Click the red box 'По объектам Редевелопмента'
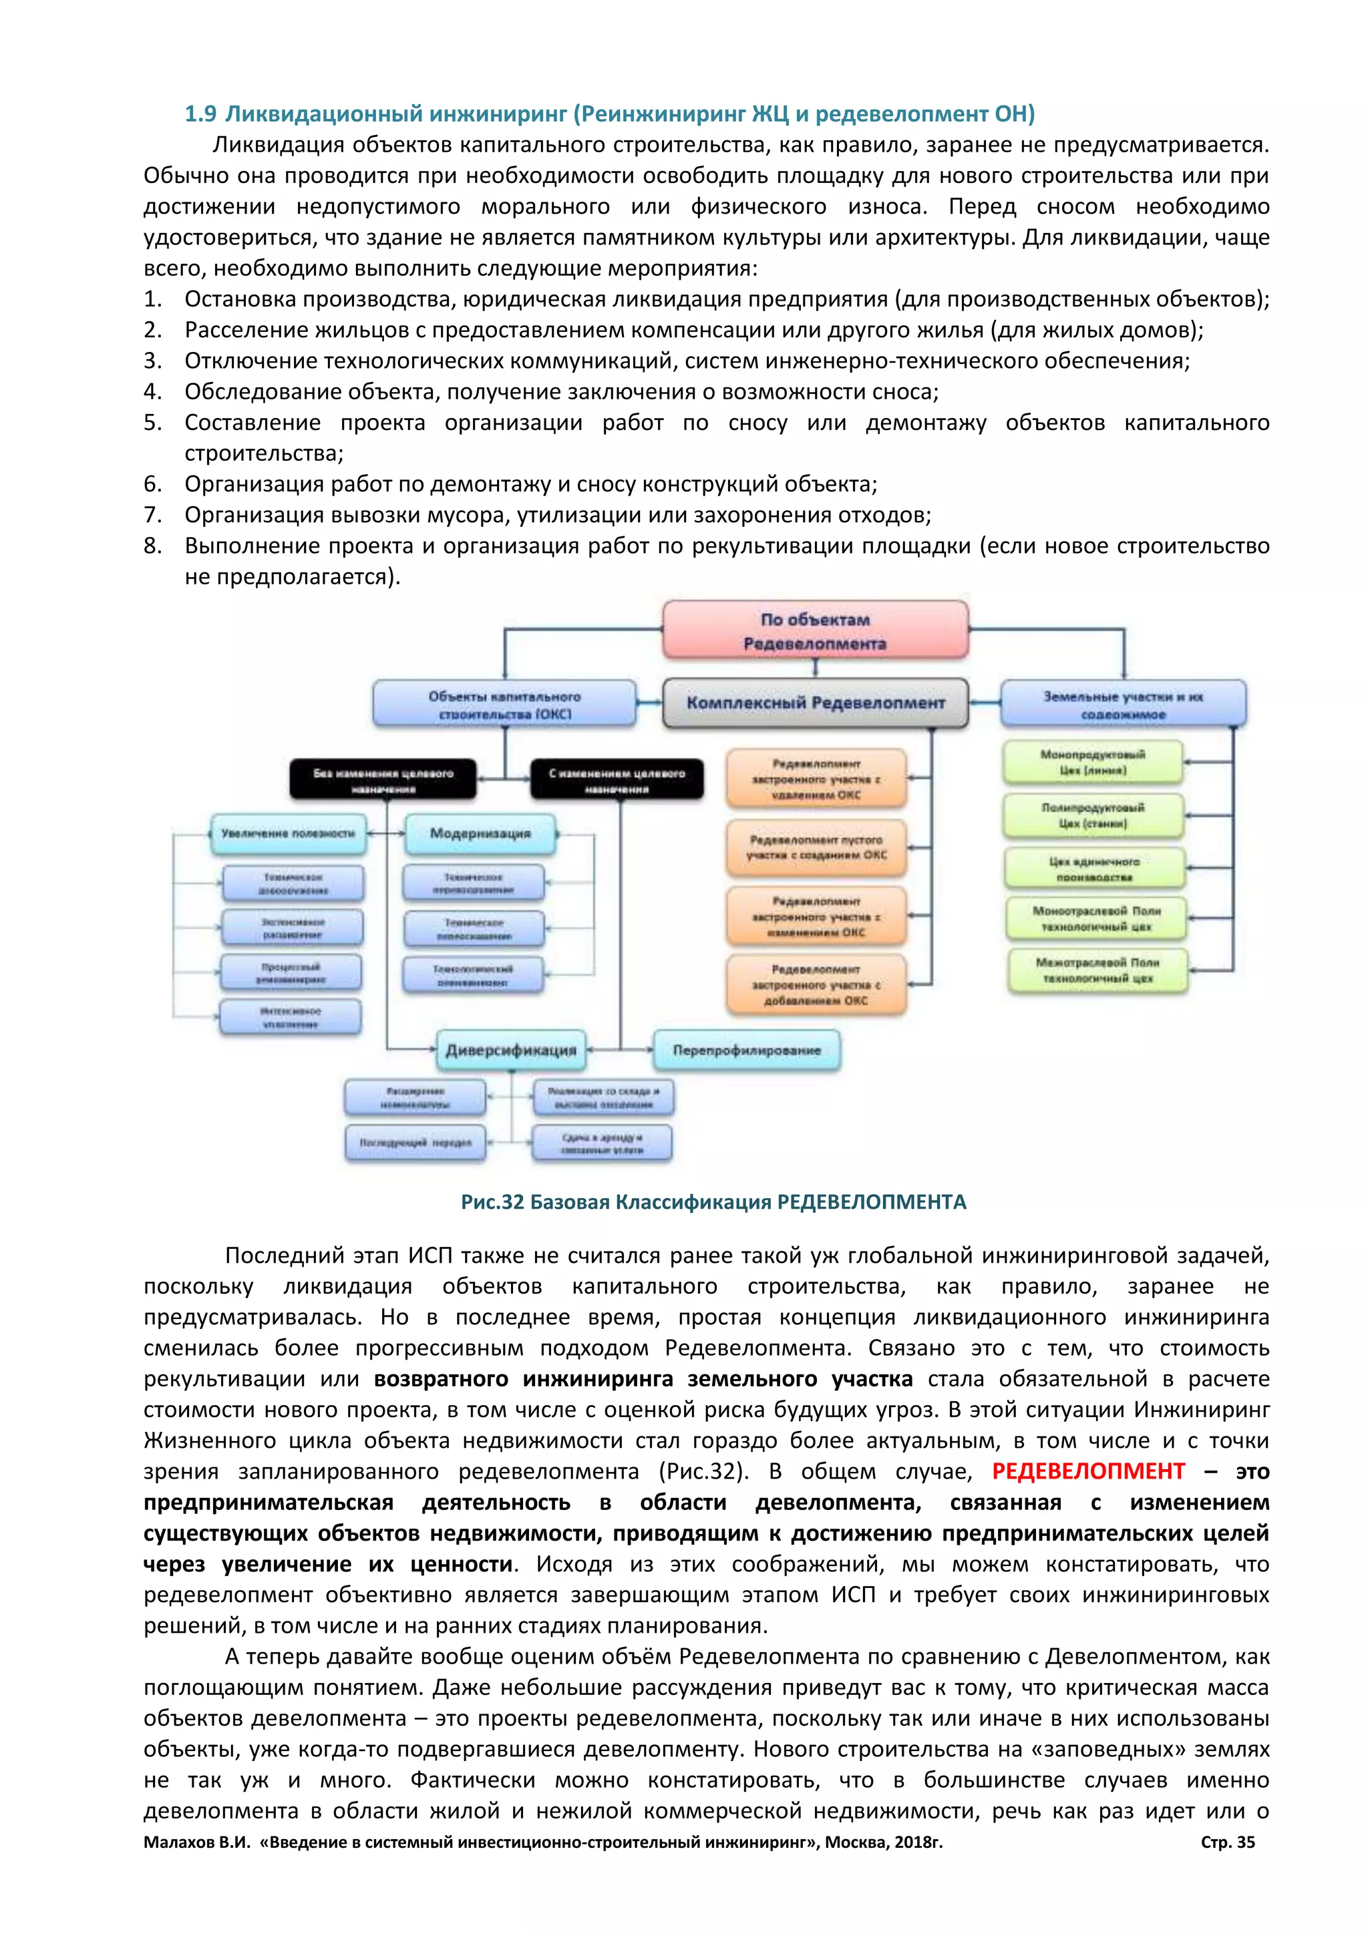tap(814, 630)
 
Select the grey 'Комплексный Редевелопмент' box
tap(814, 703)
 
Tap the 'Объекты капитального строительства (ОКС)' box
tap(504, 704)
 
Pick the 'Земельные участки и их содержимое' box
tap(1122, 704)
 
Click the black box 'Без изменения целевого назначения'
tap(383, 780)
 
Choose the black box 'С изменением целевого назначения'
tap(617, 780)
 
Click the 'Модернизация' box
tap(480, 833)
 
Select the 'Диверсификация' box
tap(510, 1050)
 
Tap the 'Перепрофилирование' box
tap(746, 1050)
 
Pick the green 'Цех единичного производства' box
tap(1093, 868)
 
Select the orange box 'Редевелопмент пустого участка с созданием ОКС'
tap(816, 847)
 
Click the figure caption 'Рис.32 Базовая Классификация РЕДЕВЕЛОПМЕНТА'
tap(713, 1201)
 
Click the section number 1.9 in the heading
tap(200, 114)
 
